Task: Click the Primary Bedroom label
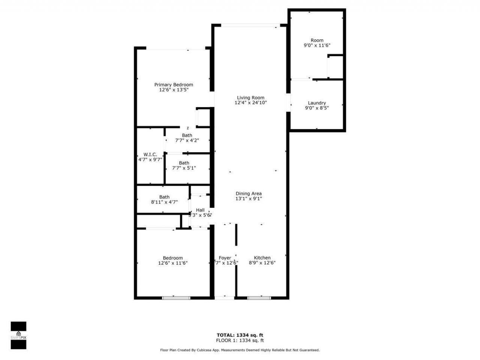174,85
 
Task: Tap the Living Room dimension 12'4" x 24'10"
250,102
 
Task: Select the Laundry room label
317,103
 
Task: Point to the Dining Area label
248,193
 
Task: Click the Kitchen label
262,258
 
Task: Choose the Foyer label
225,258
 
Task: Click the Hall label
200,210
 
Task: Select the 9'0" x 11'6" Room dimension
317,45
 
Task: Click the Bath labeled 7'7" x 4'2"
187,135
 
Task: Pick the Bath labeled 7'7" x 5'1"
184,163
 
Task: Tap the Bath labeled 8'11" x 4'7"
164,197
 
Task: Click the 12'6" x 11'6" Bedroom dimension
173,263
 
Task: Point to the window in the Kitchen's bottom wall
259,298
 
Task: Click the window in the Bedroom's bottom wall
177,298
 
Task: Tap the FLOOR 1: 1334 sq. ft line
240,340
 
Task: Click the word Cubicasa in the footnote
212,350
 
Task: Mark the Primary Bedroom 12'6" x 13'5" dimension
174,90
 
